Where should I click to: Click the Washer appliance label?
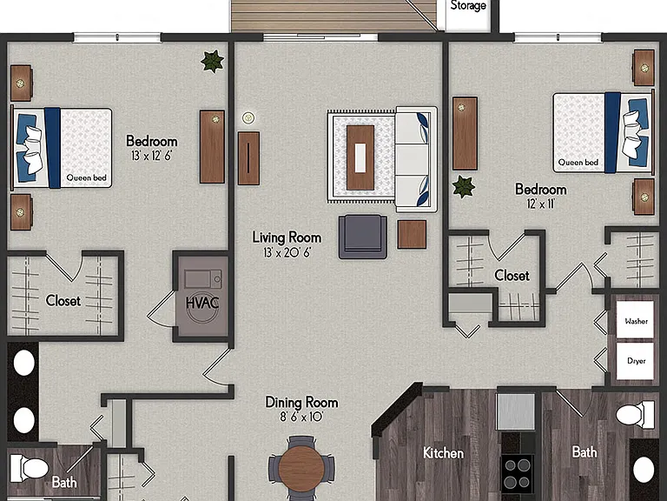tap(636, 321)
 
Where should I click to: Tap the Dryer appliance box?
tap(635, 361)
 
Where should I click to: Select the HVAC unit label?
tap(202, 303)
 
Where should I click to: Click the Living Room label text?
tap(287, 237)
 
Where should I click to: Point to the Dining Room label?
tap(301, 402)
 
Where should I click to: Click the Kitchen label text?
tap(443, 453)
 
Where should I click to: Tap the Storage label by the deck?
tap(468, 5)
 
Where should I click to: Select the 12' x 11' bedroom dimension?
tap(541, 204)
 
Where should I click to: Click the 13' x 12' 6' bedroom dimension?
tap(151, 156)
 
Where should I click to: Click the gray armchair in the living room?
tap(363, 237)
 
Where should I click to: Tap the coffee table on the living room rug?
tap(360, 157)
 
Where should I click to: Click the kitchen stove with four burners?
tap(518, 474)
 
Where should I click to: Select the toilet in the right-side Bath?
tap(635, 415)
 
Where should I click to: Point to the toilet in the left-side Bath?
tap(29, 468)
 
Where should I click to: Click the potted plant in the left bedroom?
tap(212, 62)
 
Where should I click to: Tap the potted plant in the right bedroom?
tap(463, 187)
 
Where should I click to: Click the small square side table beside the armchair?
tap(412, 234)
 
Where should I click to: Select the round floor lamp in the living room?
tap(249, 118)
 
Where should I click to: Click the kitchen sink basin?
tap(516, 411)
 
